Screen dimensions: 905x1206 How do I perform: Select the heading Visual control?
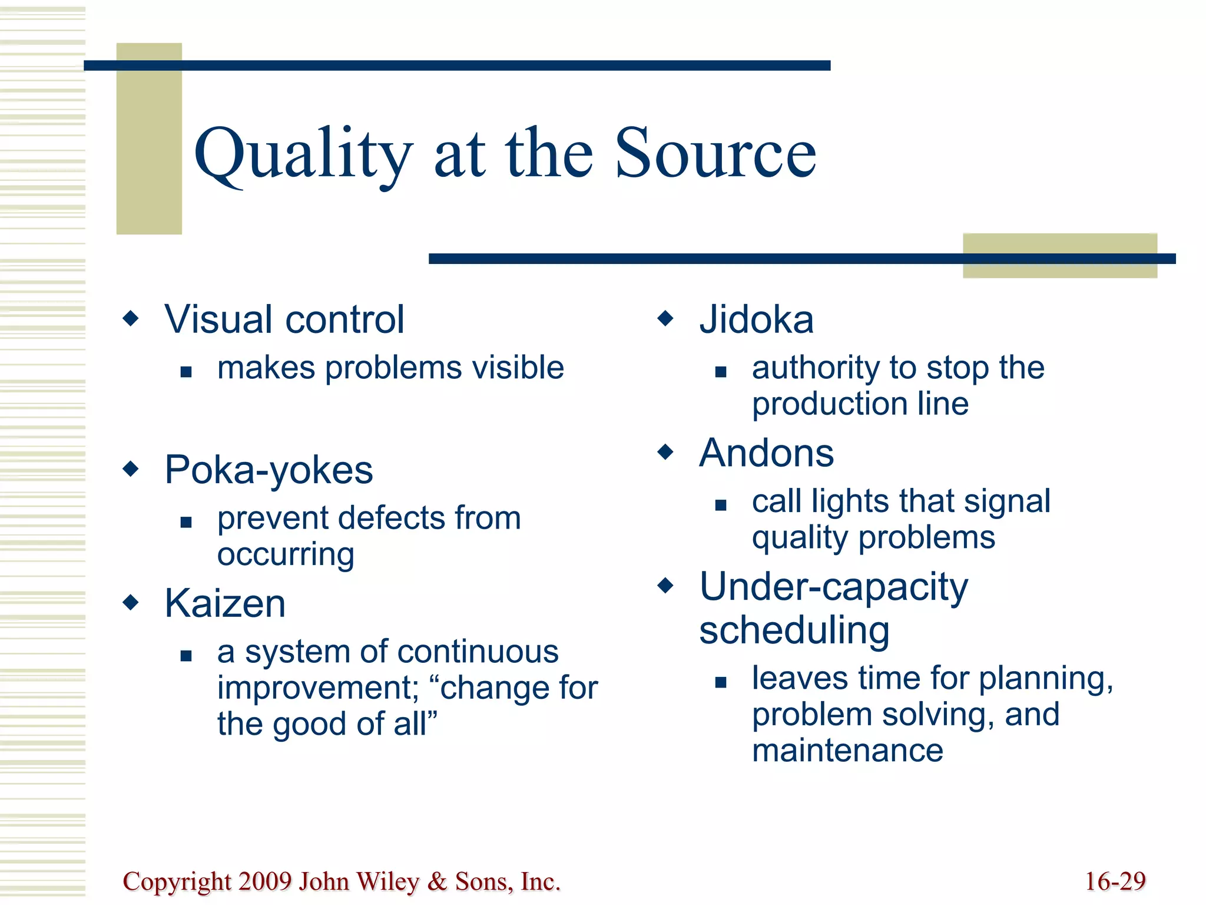tap(284, 319)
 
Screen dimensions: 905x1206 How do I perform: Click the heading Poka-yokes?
tap(269, 470)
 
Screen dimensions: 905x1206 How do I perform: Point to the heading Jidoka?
tap(756, 319)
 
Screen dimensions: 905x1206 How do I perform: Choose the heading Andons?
tap(766, 453)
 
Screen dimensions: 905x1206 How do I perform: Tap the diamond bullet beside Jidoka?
tap(665, 319)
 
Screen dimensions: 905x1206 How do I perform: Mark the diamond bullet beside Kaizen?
tap(131, 603)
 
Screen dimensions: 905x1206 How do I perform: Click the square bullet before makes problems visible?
tap(186, 372)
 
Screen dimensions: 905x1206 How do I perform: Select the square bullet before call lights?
tap(721, 505)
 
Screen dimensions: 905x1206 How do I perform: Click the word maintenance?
tap(847, 751)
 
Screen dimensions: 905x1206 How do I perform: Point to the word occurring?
tap(286, 554)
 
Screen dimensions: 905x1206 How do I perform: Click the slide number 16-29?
tap(1115, 881)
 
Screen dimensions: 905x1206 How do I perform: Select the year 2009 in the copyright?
tap(265, 881)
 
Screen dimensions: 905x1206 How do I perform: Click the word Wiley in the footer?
tap(387, 881)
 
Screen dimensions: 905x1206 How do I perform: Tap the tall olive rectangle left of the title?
tap(149, 139)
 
